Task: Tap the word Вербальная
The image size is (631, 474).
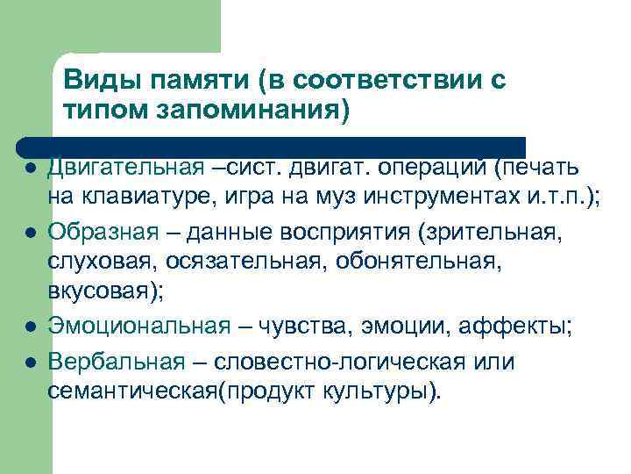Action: pos(117,362)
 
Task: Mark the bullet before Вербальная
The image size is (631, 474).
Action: pos(30,363)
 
